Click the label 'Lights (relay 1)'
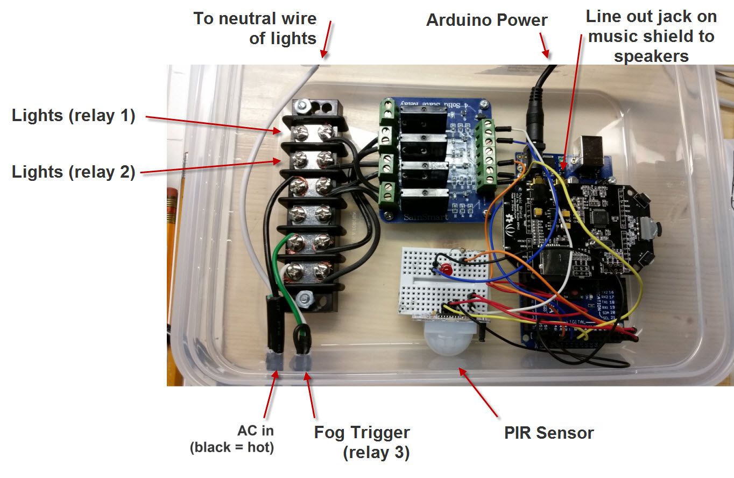73,116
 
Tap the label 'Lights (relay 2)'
73,172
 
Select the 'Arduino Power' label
486,20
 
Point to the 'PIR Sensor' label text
549,433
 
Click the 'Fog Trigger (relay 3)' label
362,442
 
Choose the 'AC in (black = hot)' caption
232,439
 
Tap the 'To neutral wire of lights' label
256,28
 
